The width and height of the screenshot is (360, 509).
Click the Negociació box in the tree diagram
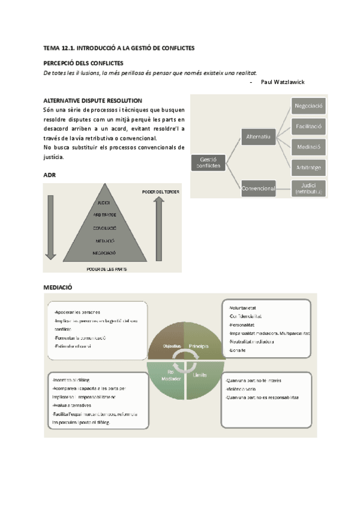click(x=309, y=106)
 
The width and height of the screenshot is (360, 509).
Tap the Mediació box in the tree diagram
click(x=309, y=146)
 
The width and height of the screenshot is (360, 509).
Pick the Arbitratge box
click(x=309, y=167)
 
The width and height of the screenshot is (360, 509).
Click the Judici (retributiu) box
click(x=309, y=188)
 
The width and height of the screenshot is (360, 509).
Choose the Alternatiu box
click(x=258, y=137)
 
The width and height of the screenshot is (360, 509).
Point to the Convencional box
click(x=258, y=188)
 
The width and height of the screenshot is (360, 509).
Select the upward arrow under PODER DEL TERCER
click(x=158, y=224)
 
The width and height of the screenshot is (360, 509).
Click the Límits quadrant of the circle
click(x=199, y=375)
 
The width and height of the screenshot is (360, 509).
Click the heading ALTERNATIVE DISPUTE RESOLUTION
click(x=92, y=100)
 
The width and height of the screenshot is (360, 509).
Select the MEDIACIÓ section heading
click(x=58, y=288)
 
